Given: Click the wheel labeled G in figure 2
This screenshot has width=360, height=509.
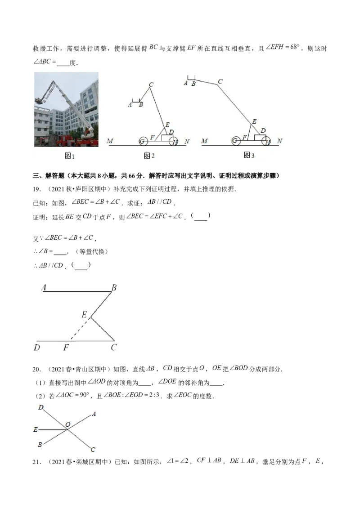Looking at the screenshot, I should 143,141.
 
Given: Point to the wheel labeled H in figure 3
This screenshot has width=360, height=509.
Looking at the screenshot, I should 268,141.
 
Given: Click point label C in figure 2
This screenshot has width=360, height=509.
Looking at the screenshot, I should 151,85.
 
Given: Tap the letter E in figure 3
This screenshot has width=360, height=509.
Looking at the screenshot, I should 254,121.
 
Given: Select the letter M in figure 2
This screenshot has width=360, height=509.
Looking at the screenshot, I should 110,141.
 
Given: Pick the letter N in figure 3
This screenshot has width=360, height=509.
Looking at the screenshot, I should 279,141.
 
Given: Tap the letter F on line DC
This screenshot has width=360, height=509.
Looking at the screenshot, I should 66,348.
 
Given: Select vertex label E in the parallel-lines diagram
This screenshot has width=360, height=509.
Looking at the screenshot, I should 84,315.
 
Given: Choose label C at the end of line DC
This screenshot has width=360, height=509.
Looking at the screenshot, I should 114,348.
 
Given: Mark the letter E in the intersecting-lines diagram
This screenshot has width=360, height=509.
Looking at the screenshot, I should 35,430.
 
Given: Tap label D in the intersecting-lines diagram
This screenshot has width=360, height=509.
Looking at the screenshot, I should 41,407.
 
